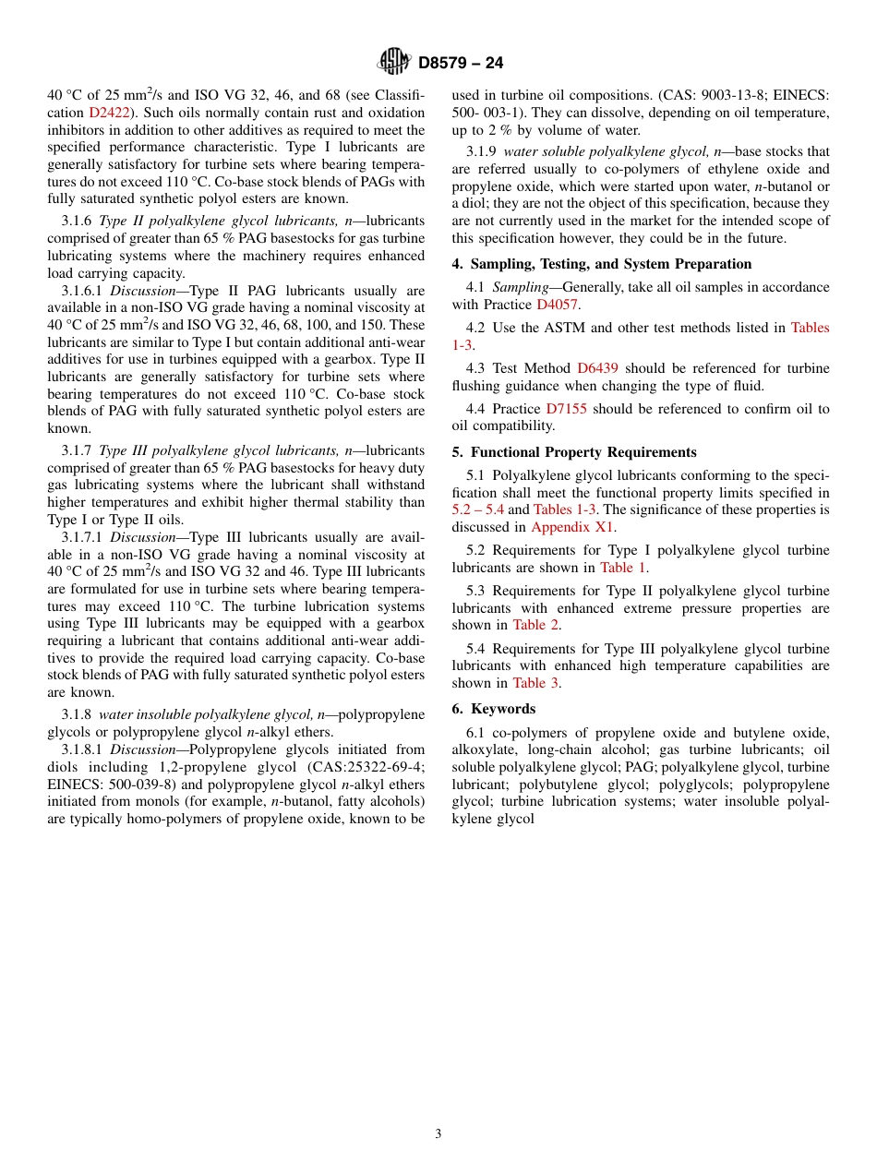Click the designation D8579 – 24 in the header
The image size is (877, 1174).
pyautogui.click(x=461, y=63)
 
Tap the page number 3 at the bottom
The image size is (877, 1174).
pyautogui.click(x=438, y=1133)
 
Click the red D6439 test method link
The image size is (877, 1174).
pyautogui.click(x=597, y=368)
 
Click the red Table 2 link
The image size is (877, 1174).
pyautogui.click(x=535, y=625)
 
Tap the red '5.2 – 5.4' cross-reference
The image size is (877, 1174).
pyautogui.click(x=477, y=509)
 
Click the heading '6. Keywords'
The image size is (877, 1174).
pyautogui.click(x=494, y=709)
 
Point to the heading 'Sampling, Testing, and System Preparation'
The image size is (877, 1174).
pyautogui.click(x=610, y=264)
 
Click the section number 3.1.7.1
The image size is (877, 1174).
pyautogui.click(x=83, y=537)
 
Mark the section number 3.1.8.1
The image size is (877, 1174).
pyautogui.click(x=83, y=749)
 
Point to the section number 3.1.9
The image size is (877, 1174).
pyautogui.click(x=481, y=151)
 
